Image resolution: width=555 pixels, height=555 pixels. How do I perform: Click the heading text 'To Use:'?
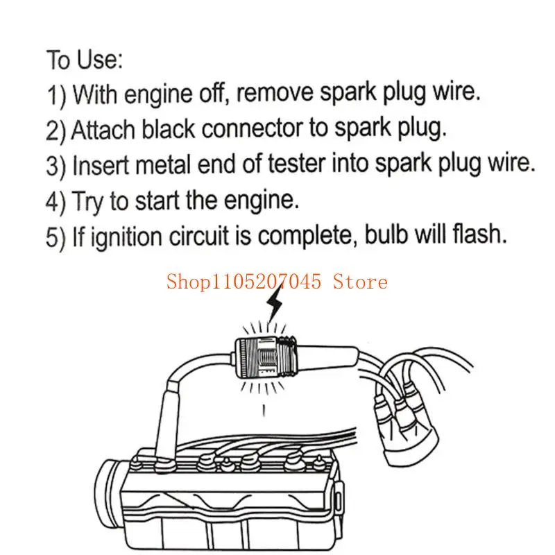84,60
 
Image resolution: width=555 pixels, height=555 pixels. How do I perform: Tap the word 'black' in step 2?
162,128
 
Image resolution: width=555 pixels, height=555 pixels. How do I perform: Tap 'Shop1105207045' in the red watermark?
246,282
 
